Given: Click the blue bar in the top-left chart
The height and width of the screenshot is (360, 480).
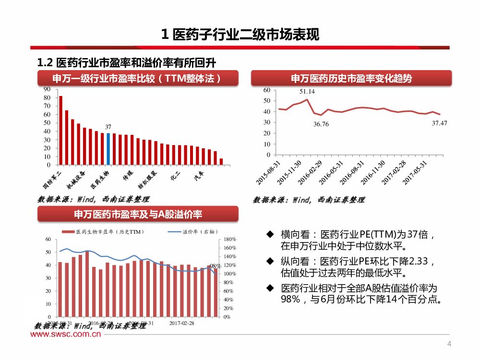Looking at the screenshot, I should [108, 149].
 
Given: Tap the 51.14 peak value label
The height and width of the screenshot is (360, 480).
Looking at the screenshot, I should [307, 91].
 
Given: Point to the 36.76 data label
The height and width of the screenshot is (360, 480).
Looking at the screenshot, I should [321, 124].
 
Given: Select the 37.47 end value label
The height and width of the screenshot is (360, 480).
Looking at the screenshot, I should [439, 123].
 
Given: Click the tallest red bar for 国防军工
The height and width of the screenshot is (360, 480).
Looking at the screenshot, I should [60, 130].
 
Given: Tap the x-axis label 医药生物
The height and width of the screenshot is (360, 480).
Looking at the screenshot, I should [100, 179].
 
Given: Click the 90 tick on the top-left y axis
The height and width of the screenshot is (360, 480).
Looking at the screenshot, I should [47, 89].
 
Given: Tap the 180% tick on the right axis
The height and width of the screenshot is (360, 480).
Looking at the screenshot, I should [229, 239].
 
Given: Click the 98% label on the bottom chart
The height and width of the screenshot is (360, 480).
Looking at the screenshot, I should [215, 265].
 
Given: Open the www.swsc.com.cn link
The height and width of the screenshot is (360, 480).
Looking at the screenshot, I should [66, 335].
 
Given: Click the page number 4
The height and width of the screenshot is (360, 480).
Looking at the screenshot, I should [449, 344].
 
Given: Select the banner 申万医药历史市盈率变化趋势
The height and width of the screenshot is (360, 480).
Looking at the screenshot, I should [351, 78].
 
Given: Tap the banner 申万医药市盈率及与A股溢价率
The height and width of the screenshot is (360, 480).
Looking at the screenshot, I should [138, 214].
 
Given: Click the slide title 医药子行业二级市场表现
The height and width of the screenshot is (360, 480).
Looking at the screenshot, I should [240, 35].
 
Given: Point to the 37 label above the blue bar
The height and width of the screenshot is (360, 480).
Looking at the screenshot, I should [108, 127].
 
